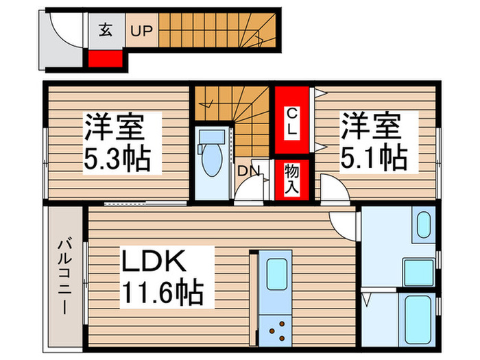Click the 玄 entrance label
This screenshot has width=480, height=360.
pos(105,31)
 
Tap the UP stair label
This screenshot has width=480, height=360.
pos(143,31)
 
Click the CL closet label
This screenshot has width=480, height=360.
pos(291,121)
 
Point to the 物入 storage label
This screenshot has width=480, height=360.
pos(291,180)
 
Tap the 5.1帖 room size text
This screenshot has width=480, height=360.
pos(374,158)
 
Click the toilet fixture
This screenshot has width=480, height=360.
pos(210,158)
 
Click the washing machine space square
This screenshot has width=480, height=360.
pos(417,272)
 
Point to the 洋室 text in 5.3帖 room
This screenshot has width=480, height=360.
pos(114,129)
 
